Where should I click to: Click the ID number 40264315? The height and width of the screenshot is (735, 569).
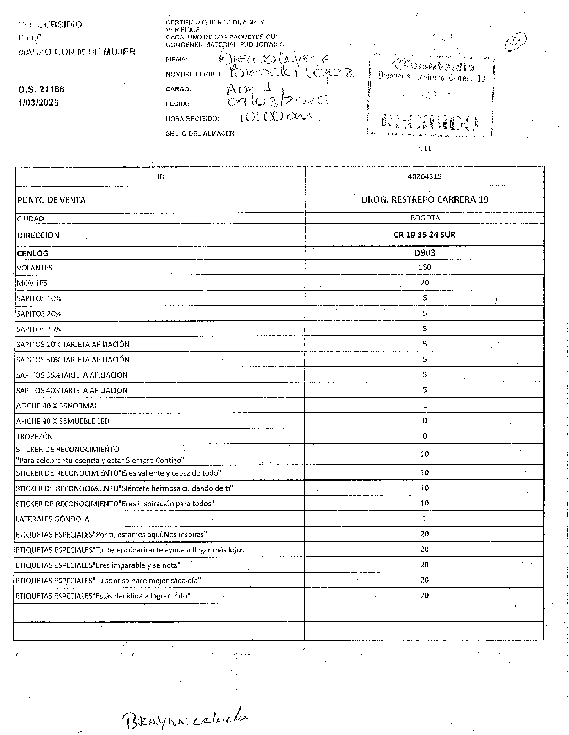tap(424, 176)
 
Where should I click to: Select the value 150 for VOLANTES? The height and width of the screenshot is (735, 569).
tap(425, 267)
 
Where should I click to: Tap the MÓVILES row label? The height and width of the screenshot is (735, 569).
tap(32, 283)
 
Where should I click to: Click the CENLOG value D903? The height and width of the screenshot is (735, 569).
tap(425, 253)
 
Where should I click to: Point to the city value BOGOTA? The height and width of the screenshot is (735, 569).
tap(425, 219)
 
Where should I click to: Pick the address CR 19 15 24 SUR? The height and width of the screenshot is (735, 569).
tap(425, 235)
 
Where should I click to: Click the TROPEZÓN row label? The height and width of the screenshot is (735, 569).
tap(35, 437)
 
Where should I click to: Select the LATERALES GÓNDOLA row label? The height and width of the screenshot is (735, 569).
tap(53, 520)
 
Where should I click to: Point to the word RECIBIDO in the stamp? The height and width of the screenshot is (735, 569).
tap(430, 122)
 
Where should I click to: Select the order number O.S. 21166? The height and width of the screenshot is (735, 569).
tap(41, 90)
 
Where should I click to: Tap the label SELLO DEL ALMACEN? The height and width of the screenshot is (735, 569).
tap(200, 133)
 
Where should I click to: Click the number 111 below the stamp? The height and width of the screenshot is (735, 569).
tap(425, 148)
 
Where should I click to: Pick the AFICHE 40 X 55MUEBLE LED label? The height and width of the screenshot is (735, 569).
tap(63, 421)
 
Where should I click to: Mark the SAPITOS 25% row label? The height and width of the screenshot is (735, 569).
tap(39, 329)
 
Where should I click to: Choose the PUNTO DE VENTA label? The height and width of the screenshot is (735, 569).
tap(51, 200)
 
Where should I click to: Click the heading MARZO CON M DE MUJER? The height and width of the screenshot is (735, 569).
tap(77, 52)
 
